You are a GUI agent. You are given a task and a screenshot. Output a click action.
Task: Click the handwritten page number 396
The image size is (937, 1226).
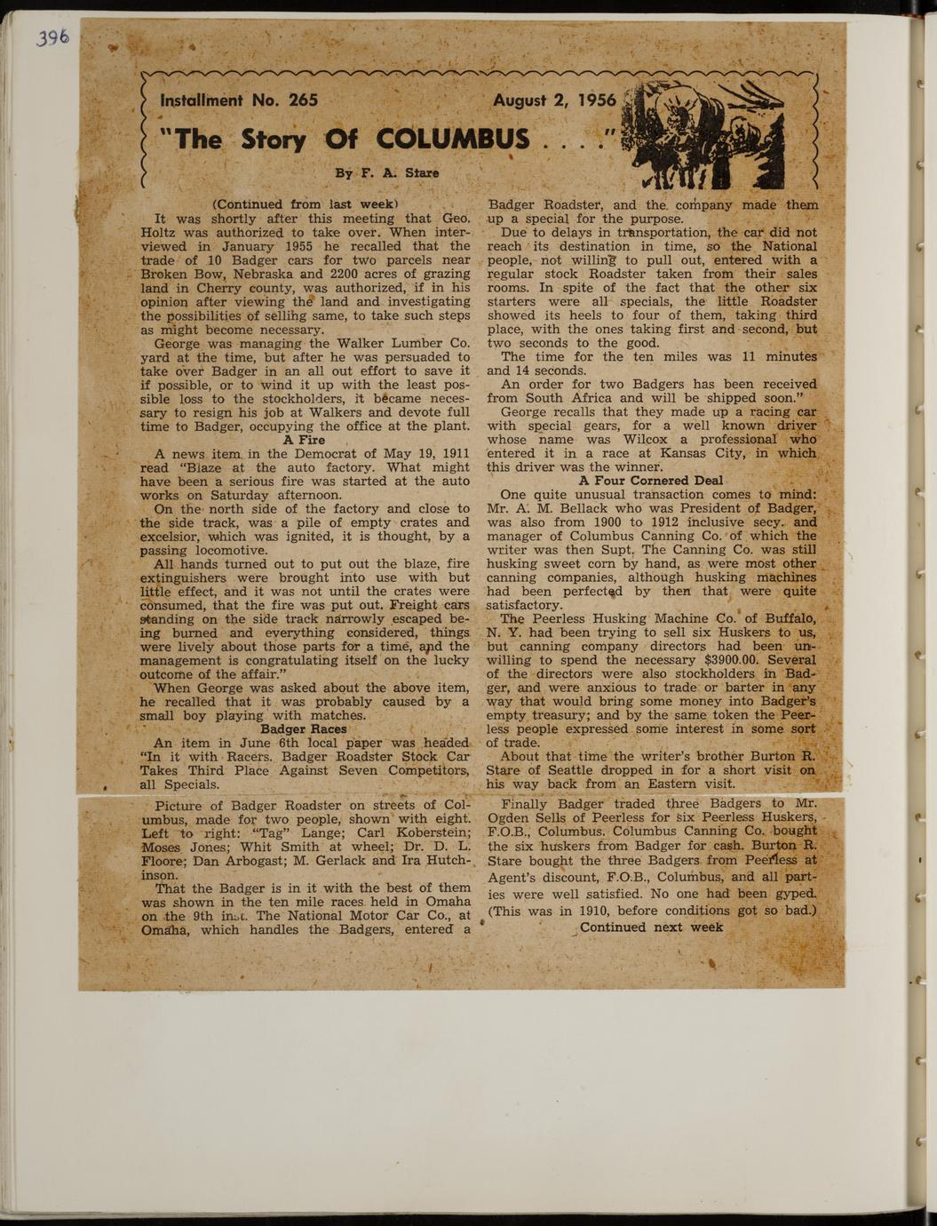coord(52,38)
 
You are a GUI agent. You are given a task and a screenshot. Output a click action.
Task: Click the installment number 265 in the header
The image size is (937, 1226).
coord(303,100)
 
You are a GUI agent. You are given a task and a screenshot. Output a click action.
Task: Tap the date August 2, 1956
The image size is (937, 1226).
coord(554,100)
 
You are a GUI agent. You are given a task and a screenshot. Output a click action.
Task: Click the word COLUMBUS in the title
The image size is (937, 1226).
coord(453,139)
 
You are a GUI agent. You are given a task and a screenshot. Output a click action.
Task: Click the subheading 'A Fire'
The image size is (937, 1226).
coord(304,440)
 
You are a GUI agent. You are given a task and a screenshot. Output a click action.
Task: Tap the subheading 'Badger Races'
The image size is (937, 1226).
coord(304,729)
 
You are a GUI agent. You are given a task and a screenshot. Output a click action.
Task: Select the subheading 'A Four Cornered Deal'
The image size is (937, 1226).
coord(651,481)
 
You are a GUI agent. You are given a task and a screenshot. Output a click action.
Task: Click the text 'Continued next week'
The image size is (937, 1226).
coord(651,927)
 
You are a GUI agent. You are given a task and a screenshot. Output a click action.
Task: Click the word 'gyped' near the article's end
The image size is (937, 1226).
coord(793,893)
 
